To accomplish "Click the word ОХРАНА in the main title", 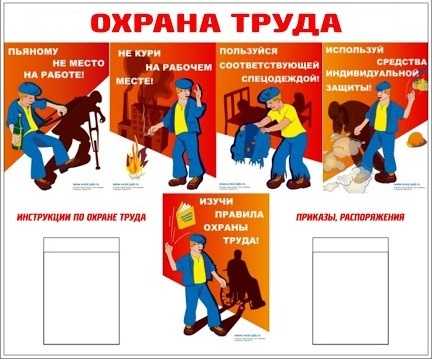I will coord(160,21).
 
